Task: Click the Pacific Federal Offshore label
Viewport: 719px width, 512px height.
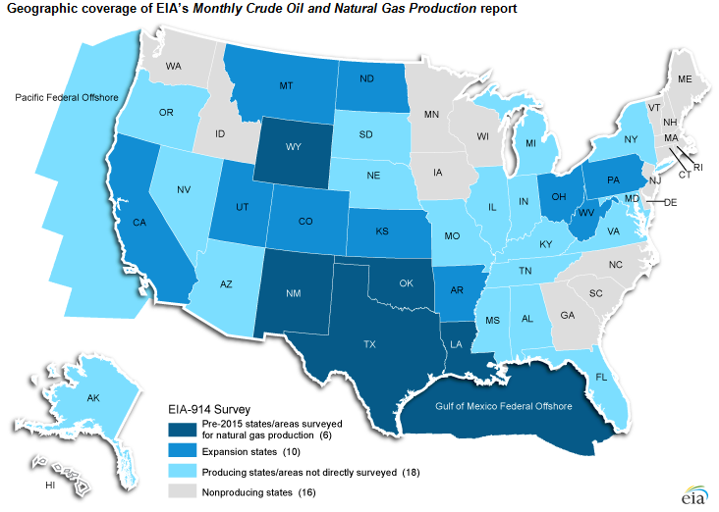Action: tap(58, 97)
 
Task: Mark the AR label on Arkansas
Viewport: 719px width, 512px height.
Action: tap(456, 291)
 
